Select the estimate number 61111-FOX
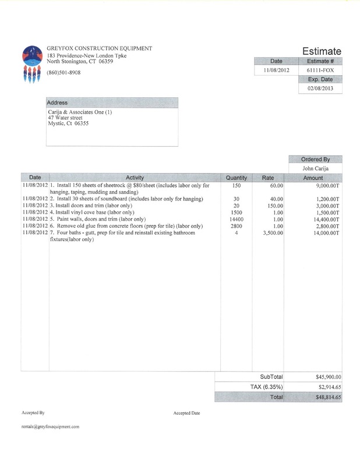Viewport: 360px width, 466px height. point(320,70)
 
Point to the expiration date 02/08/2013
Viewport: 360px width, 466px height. point(320,89)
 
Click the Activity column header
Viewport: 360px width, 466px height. point(135,177)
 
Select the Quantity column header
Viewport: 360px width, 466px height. point(237,177)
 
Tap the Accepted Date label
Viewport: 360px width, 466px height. point(186,412)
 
